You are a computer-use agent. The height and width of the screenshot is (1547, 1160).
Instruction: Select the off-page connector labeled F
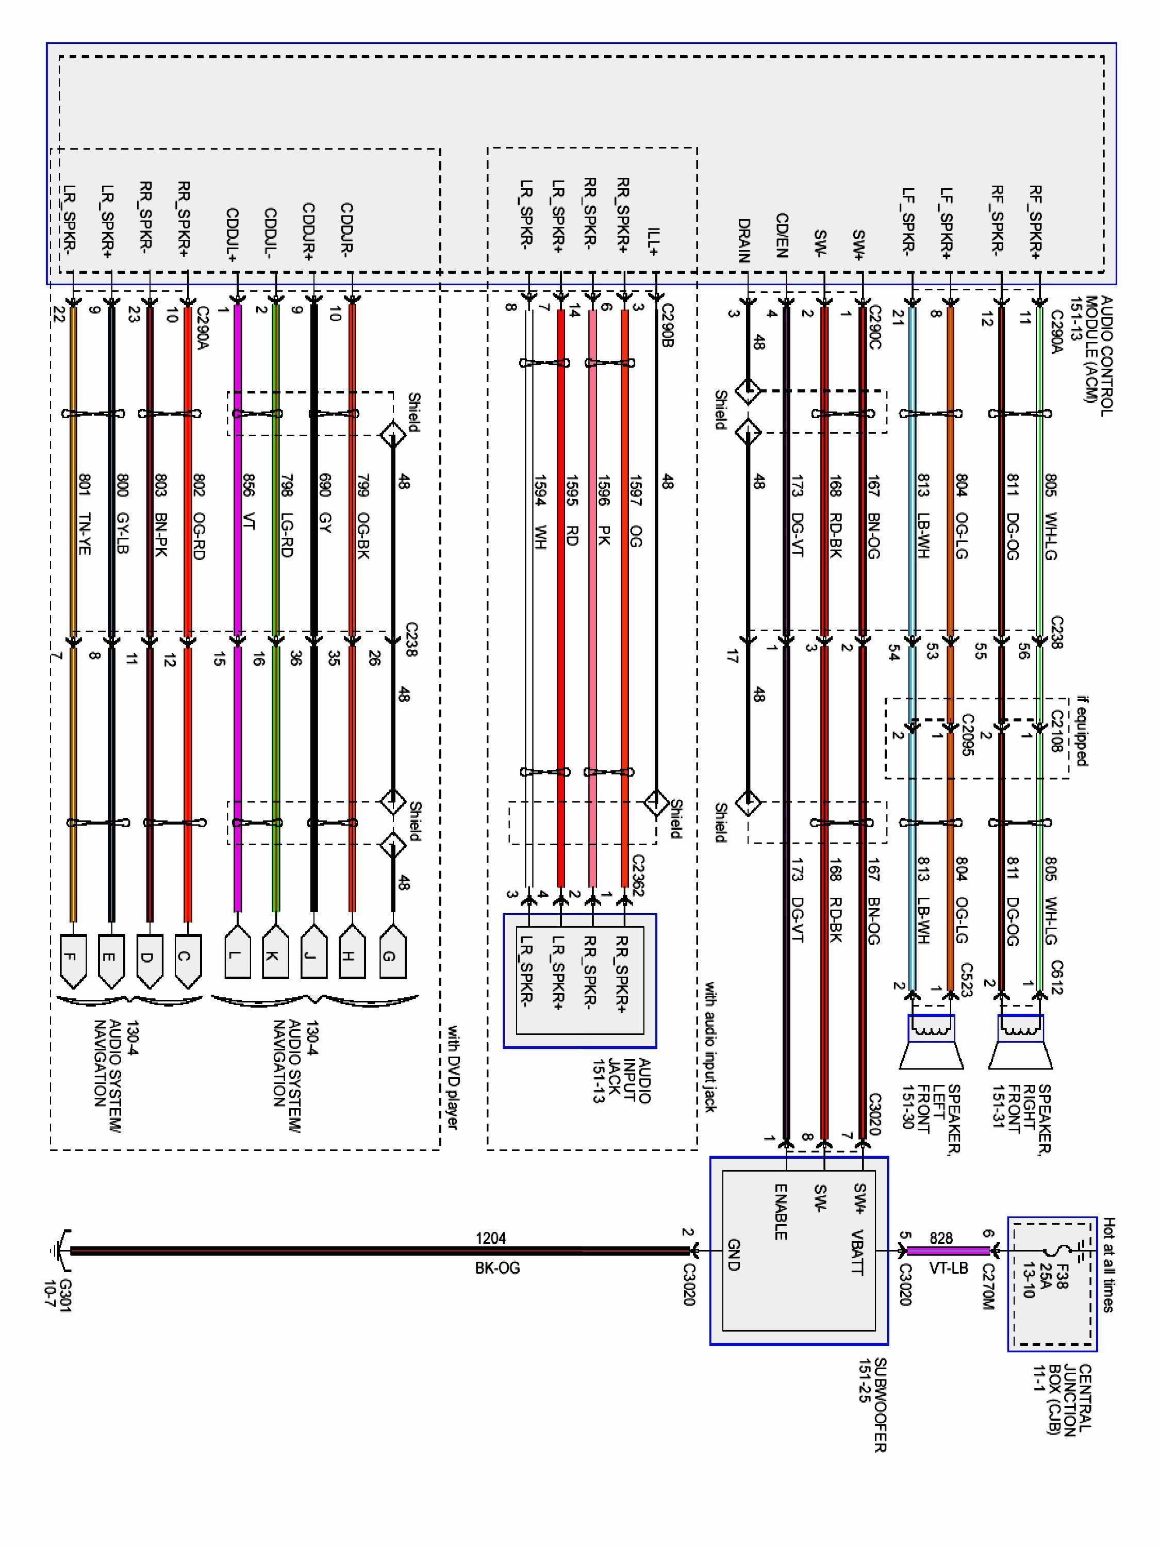[73, 959]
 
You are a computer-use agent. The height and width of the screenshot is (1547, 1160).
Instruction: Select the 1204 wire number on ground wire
[490, 1239]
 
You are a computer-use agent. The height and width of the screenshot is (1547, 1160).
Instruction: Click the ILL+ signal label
[654, 241]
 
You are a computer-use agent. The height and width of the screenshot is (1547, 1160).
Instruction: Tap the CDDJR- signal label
[347, 227]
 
